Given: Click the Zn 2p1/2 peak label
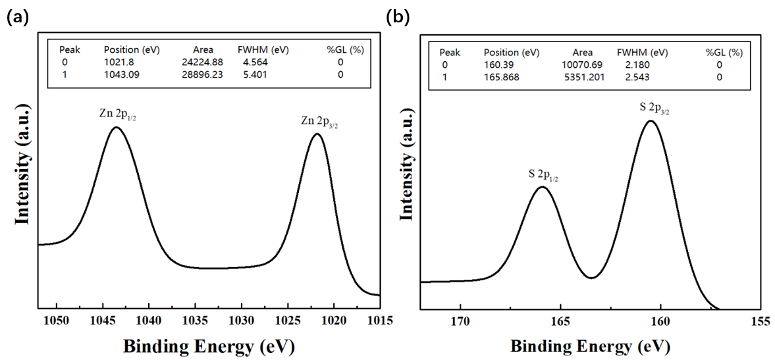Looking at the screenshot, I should pyautogui.click(x=118, y=114).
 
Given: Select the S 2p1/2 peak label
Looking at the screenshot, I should pyautogui.click(x=543, y=174).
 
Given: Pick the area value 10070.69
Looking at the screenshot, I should pyautogui.click(x=582, y=64).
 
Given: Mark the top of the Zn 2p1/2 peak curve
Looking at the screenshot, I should pyautogui.click(x=117, y=127).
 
